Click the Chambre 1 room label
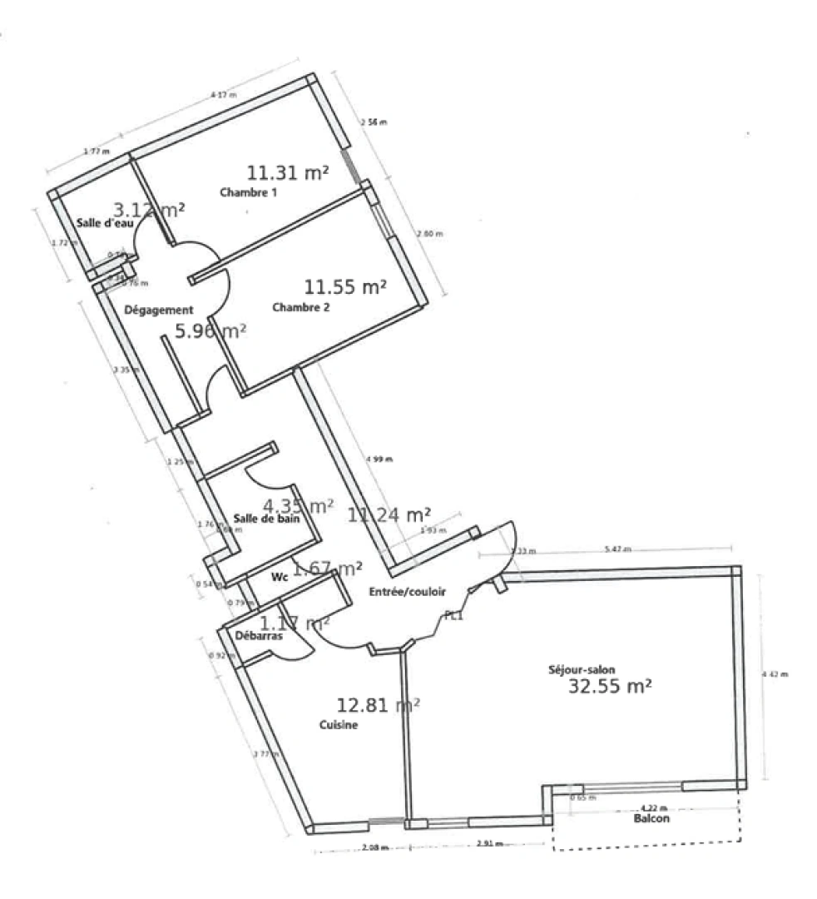point(248,192)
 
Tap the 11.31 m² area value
point(287,172)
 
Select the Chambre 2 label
point(301,307)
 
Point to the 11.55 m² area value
point(345,288)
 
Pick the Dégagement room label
point(158,310)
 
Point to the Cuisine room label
point(339,725)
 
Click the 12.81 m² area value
point(377,706)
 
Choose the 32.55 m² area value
point(609,687)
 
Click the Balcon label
point(651,818)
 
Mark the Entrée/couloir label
point(407,592)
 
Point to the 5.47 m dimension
point(616,549)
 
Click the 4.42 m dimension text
point(775,674)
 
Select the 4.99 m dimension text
point(379,459)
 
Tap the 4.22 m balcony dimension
point(655,807)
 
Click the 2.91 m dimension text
point(488,845)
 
